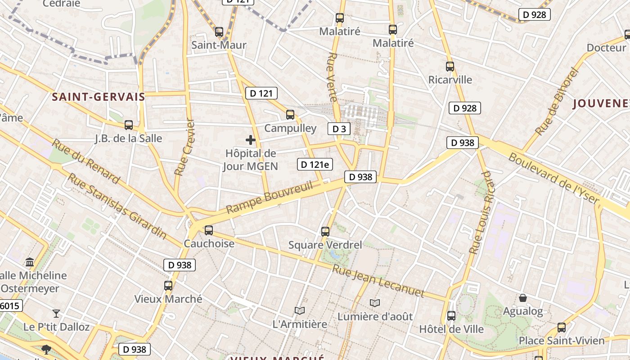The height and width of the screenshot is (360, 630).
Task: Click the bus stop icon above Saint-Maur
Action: [x=219, y=32]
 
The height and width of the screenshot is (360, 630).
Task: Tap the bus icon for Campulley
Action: [x=290, y=115]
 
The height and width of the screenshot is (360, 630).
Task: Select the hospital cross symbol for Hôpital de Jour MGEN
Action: [x=251, y=140]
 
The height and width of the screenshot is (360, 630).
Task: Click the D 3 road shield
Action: [x=339, y=129]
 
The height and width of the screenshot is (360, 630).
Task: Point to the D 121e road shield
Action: [x=315, y=165]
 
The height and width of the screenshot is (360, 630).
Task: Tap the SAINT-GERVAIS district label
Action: [x=98, y=97]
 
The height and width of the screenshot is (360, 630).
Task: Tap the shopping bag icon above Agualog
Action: [x=523, y=298]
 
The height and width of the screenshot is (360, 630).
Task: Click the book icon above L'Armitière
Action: [x=299, y=310]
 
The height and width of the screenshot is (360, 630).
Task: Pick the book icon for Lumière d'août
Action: [x=375, y=303]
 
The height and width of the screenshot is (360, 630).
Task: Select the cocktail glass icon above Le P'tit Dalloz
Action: [x=56, y=313]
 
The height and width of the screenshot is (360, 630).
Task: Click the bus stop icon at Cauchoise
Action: [x=209, y=230]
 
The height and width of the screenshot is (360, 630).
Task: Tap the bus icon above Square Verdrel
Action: [x=325, y=232]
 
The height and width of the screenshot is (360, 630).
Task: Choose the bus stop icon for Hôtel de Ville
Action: [x=451, y=315]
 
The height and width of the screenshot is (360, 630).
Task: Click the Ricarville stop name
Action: [x=450, y=80]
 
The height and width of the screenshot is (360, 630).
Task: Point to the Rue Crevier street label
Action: [x=184, y=147]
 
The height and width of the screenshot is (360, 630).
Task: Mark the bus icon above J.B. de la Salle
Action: [x=129, y=125]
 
